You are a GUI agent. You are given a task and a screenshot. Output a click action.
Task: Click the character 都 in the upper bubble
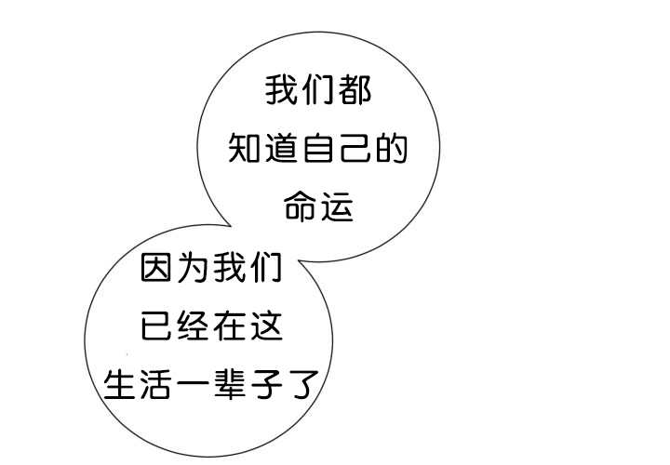(x=355, y=90)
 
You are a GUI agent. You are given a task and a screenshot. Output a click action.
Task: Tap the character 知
(x=244, y=148)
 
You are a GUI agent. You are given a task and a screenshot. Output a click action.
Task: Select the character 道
(x=281, y=148)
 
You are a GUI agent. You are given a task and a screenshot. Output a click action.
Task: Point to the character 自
(x=318, y=148)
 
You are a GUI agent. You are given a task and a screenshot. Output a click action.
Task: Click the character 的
(x=392, y=148)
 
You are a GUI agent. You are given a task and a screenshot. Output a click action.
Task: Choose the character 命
(x=300, y=206)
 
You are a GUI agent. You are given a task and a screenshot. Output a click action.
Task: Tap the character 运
(x=337, y=206)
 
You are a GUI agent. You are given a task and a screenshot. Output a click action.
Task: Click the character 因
(x=156, y=267)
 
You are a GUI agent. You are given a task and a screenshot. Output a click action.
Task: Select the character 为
(x=193, y=267)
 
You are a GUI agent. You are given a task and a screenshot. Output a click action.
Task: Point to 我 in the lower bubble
(x=230, y=267)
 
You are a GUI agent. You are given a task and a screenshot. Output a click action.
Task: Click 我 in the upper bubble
(x=281, y=90)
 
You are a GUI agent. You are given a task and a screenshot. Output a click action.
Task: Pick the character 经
(x=193, y=325)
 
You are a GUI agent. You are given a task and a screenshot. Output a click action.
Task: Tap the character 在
(x=230, y=325)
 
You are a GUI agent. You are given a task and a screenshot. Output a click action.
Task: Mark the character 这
(x=267, y=325)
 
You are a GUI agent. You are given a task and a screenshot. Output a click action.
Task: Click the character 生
(x=120, y=384)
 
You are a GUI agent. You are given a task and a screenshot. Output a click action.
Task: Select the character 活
(x=156, y=384)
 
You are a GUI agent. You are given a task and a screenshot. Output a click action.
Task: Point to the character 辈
(x=230, y=384)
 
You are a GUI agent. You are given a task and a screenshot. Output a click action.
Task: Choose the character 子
(x=267, y=384)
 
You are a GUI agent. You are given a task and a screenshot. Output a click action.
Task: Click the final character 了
(x=303, y=384)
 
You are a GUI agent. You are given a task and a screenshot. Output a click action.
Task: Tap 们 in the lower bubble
(x=267, y=267)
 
